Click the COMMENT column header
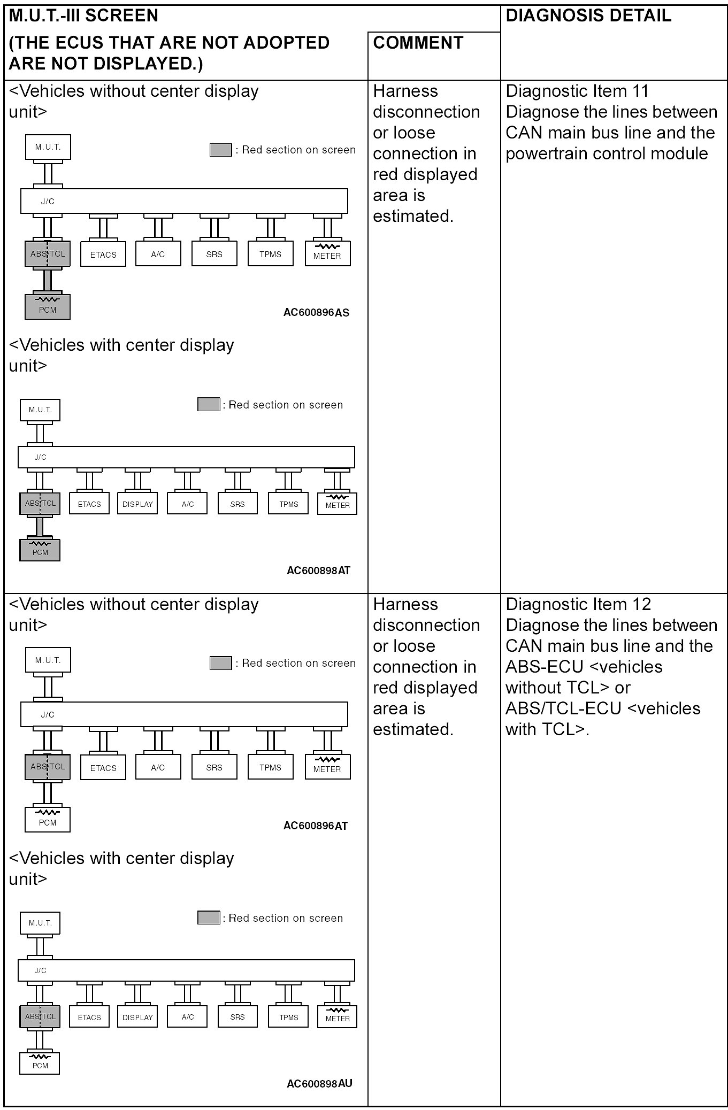(x=418, y=43)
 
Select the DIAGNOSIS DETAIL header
(x=588, y=16)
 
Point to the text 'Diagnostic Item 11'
(x=577, y=91)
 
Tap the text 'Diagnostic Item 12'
(x=578, y=605)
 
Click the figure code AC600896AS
(x=316, y=313)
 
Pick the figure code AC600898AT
(x=318, y=571)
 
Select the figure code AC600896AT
(x=315, y=826)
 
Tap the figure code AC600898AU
(x=319, y=1084)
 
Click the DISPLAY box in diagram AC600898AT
(x=137, y=504)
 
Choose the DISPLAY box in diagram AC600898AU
(x=137, y=1017)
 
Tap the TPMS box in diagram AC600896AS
(x=270, y=255)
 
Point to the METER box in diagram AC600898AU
(x=337, y=1016)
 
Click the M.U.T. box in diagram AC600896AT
(x=48, y=660)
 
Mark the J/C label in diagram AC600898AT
(x=41, y=457)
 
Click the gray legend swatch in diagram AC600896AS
(x=220, y=150)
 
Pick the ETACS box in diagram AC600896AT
(x=103, y=768)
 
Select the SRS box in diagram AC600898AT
(x=237, y=504)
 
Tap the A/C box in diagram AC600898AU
(x=187, y=1017)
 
